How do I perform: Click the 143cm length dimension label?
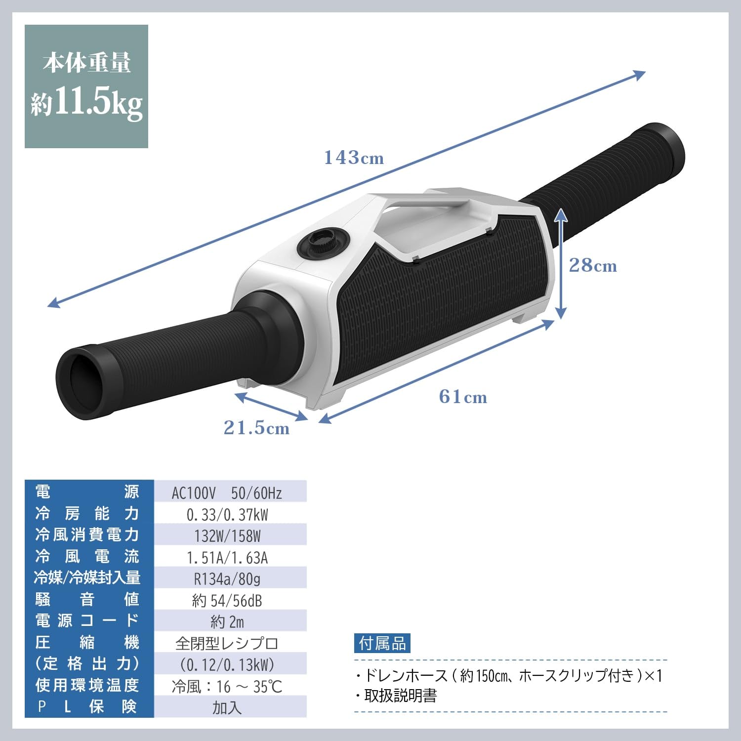click(354, 158)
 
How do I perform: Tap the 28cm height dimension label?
click(593, 266)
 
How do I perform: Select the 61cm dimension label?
click(463, 397)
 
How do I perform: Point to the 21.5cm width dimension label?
click(256, 428)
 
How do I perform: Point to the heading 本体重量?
click(86, 63)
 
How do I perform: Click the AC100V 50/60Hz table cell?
click(227, 493)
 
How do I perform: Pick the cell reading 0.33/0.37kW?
click(227, 515)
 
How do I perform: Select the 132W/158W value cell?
click(227, 536)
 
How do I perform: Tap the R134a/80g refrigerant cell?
click(227, 578)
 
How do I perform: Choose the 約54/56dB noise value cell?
click(227, 600)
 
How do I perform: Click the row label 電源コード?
click(87, 620)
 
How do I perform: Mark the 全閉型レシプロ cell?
click(227, 643)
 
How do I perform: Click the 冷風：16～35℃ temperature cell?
click(227, 686)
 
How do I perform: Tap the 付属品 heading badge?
click(382, 643)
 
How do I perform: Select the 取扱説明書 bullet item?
click(400, 696)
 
